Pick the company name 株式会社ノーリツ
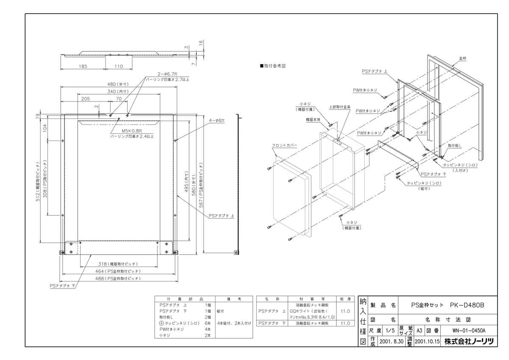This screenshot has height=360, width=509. pos(469,341)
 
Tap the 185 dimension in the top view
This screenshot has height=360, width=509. pos(83,66)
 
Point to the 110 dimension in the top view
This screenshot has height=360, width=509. pos(118,66)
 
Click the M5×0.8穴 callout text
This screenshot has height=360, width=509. pos(132,131)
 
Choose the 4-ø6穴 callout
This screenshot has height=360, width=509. pos(216,121)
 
